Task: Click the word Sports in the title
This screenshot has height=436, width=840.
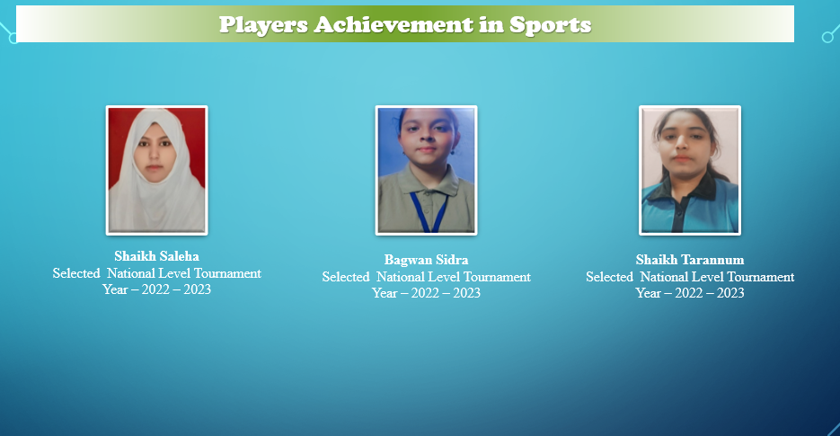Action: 550,24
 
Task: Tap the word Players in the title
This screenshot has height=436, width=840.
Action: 263,24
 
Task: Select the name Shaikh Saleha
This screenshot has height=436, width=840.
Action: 156,256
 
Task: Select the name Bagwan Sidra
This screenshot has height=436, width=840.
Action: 426,260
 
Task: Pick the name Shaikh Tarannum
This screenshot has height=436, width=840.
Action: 690,260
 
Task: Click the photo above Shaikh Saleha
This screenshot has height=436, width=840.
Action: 156,170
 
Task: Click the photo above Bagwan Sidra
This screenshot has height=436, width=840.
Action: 426,170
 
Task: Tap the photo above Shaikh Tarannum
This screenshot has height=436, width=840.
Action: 690,170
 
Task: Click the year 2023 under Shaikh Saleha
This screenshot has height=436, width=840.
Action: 197,289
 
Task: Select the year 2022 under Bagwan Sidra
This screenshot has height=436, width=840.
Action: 425,293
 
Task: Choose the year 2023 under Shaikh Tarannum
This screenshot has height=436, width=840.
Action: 730,293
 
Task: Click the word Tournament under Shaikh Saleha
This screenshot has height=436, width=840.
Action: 227,273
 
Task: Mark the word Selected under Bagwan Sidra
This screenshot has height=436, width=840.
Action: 346,277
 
